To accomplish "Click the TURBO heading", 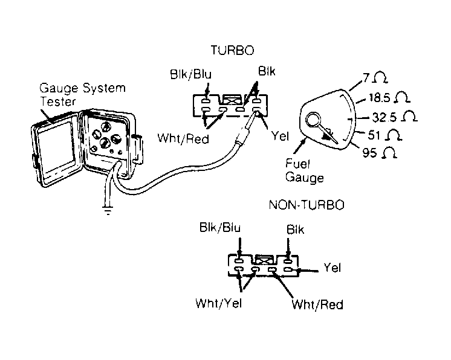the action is click(232, 50).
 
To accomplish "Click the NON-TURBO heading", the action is click(307, 205).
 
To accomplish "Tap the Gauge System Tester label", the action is click(82, 94).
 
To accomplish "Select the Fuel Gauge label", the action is click(304, 171).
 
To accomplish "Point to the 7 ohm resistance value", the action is click(375, 77).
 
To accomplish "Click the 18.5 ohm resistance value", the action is click(389, 97).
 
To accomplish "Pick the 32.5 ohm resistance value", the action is click(394, 117).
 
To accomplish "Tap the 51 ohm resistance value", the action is click(384, 135).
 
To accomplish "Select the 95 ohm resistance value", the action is click(380, 153).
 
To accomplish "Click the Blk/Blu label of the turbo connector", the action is click(190, 74).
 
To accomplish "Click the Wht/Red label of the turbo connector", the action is click(183, 139).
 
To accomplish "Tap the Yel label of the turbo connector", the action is click(280, 136).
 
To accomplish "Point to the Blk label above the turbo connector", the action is click(267, 71).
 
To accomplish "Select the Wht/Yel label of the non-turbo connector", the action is click(219, 303).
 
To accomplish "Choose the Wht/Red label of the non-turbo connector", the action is click(317, 304).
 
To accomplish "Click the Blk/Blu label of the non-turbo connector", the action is click(220, 227).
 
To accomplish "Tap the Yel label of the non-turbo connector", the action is click(333, 268).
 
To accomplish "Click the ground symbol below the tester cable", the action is click(108, 211).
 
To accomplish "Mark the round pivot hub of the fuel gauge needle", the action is click(314, 120).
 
